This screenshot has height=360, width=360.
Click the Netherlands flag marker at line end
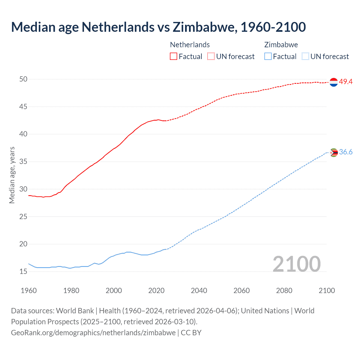[x=334, y=82]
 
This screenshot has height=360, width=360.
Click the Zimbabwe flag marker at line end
[x=334, y=152]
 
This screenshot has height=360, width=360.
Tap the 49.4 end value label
[x=346, y=82]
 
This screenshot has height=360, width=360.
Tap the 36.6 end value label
[x=346, y=152]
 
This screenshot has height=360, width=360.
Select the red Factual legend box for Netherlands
[x=174, y=57]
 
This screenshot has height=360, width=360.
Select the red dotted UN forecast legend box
[x=211, y=57]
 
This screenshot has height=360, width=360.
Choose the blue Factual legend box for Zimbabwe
[x=268, y=57]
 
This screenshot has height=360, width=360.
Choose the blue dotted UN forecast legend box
[x=305, y=57]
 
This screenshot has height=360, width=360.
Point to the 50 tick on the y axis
[x=23, y=79]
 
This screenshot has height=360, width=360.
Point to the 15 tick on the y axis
[x=23, y=272]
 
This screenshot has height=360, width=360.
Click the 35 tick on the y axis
[x=23, y=162]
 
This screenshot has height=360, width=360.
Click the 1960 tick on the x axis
[x=29, y=291]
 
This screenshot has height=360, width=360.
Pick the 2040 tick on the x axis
[x=199, y=291]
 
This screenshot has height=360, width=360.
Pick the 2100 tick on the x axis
[x=327, y=291]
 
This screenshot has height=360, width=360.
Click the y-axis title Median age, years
[x=12, y=175]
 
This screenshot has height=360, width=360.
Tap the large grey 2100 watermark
[x=296, y=264]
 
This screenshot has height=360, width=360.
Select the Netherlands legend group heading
[x=190, y=45]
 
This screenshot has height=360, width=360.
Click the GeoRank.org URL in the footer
[x=93, y=333]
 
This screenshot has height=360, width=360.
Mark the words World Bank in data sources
[x=75, y=311]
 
